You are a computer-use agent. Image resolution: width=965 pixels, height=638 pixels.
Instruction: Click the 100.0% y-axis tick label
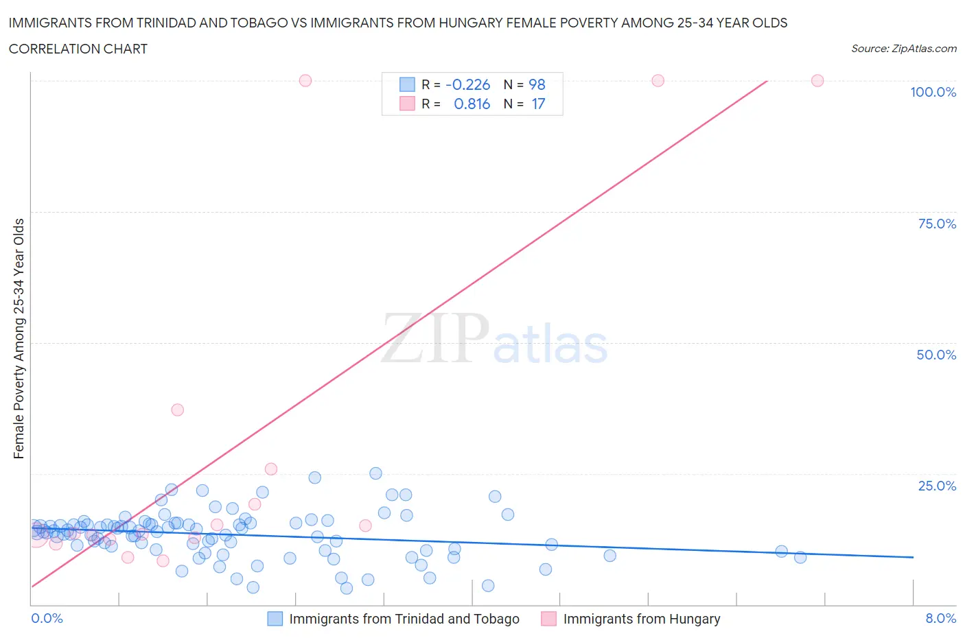[x=933, y=92]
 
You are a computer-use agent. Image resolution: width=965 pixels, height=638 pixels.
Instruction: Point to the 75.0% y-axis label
[x=937, y=224]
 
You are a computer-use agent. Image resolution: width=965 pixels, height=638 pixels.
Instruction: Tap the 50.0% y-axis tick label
[x=936, y=355]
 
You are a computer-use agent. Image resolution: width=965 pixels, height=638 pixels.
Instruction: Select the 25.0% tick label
[x=937, y=486]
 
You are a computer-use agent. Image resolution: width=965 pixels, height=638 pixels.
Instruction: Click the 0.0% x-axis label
[x=47, y=618]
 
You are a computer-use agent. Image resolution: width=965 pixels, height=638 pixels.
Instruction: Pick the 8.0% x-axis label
[x=940, y=618]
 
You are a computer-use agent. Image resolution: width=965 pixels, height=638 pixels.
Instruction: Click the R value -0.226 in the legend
[x=467, y=84]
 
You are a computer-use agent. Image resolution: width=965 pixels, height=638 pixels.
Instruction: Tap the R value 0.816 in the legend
[x=472, y=104]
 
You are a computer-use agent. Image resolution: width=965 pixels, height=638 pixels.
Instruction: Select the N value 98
[x=537, y=84]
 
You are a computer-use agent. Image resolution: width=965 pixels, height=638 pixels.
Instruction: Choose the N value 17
[x=538, y=104]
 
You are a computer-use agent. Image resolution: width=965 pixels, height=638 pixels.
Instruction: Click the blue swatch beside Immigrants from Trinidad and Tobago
[x=275, y=619]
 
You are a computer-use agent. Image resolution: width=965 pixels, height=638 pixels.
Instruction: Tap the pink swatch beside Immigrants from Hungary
[x=548, y=619]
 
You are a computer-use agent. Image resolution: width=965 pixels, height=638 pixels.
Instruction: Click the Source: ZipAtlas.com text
[x=903, y=48]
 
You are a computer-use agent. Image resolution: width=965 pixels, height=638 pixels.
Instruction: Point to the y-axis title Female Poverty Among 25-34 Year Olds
[x=19, y=338]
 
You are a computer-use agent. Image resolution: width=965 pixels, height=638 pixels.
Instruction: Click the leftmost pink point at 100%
[x=305, y=80]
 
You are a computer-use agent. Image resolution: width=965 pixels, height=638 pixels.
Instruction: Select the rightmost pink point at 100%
[x=817, y=80]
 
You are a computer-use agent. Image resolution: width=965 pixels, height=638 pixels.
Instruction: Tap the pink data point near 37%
[x=177, y=410]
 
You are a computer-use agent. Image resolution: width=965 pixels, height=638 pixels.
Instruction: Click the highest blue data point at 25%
[x=375, y=473]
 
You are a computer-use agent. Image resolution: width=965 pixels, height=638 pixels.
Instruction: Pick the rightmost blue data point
[x=800, y=557]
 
